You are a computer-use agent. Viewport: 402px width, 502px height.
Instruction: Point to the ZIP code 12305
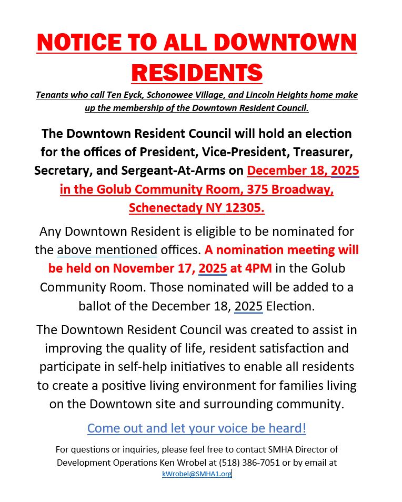point(243,208)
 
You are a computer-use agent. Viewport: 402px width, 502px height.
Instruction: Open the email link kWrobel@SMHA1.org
point(196,474)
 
